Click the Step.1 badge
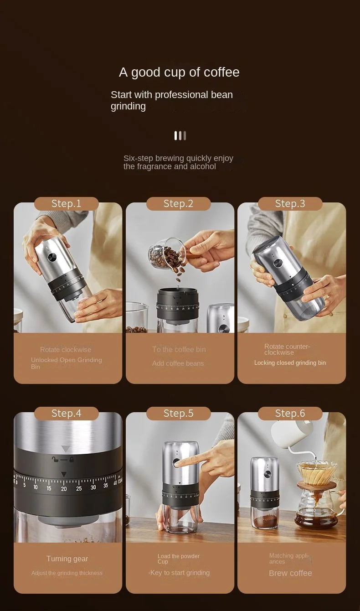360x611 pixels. point(67,203)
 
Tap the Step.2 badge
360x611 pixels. point(179,203)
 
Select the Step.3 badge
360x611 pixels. point(290,203)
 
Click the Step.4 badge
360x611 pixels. point(67,413)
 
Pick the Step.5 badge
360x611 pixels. point(179,413)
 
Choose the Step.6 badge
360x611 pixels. point(290,413)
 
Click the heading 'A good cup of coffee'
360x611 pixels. point(179,72)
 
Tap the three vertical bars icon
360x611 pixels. point(180,135)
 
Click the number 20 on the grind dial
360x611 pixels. point(64,489)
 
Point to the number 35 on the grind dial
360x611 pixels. point(106,486)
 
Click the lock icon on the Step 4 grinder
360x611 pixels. point(72,460)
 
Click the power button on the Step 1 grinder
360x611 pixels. point(51,257)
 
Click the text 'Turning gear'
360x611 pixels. point(67,559)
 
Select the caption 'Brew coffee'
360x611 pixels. point(290,573)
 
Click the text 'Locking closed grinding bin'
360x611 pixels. point(290,363)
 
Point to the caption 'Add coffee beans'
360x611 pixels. point(178,363)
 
